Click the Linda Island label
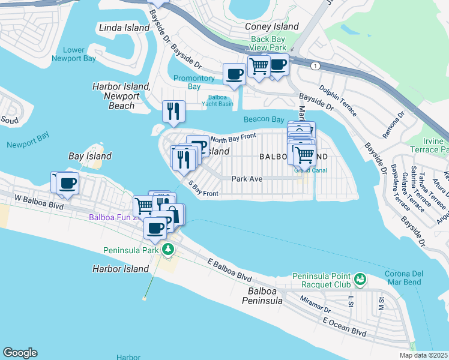click(124, 28)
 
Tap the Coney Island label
click(272, 26)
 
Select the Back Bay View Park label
click(269, 44)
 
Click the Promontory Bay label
click(194, 82)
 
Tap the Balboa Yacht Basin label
click(220, 100)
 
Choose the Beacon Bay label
click(264, 119)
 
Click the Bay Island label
click(90, 156)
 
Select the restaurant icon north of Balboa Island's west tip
click(173, 110)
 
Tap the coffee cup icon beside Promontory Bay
click(234, 74)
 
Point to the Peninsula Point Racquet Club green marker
click(360, 279)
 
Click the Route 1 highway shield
click(314, 64)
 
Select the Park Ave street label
click(247, 178)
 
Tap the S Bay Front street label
click(203, 190)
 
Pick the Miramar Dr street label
click(316, 305)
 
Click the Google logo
click(20, 353)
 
